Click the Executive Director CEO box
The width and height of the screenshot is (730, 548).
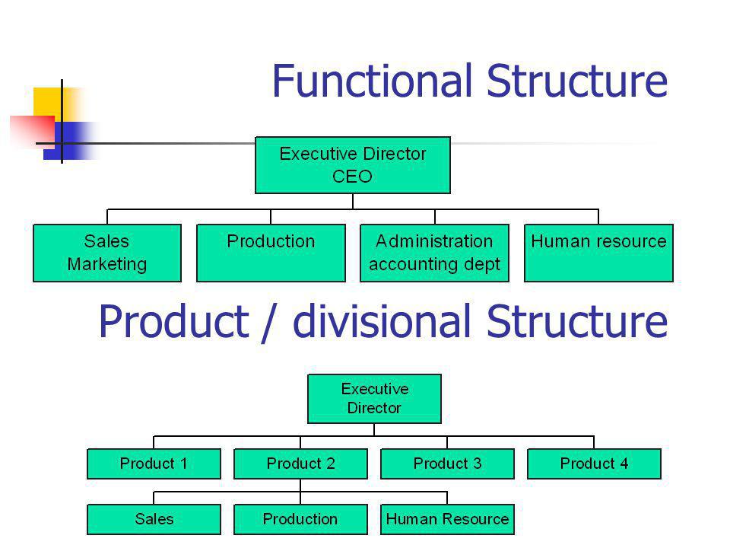353,165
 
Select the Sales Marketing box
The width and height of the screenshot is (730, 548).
107,253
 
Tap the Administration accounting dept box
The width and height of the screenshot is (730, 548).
434,253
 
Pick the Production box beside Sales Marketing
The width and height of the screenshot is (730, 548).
271,253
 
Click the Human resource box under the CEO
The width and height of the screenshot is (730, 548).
598,253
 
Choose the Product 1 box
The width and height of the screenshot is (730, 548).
154,464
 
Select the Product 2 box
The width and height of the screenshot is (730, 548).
301,464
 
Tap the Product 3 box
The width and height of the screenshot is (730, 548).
447,464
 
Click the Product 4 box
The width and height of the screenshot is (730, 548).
594,464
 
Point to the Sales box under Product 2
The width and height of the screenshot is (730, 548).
154,519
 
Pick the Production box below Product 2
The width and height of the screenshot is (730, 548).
301,519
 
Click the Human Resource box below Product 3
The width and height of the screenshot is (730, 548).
447,519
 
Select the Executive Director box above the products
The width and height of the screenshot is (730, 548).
374,399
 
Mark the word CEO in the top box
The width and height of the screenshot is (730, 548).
352,177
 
